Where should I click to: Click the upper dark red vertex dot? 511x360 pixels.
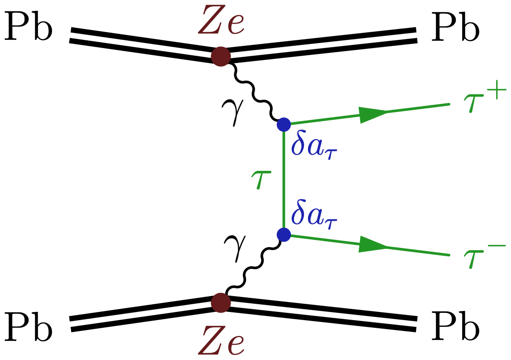(221, 57)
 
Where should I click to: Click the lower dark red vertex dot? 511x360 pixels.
(221, 302)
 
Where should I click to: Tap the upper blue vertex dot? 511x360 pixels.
(284, 124)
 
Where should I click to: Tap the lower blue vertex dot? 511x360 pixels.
(284, 234)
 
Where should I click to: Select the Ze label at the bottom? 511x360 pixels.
(221, 341)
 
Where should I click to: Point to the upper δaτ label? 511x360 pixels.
(314, 146)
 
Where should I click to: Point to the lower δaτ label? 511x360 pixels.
(314, 213)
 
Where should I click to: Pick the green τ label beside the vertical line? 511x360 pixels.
(261, 180)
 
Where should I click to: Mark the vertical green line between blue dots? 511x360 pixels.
(284, 180)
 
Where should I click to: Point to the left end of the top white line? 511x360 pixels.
(70, 35)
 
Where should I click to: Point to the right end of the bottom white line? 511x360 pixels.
(417, 324)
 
